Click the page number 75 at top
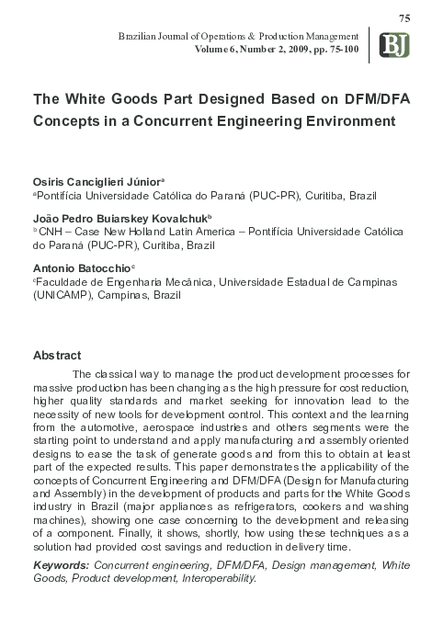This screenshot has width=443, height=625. point(405,19)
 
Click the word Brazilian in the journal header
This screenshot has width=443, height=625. point(139,34)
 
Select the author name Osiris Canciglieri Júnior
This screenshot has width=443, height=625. point(101,182)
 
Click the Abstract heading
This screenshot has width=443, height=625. point(57,355)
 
